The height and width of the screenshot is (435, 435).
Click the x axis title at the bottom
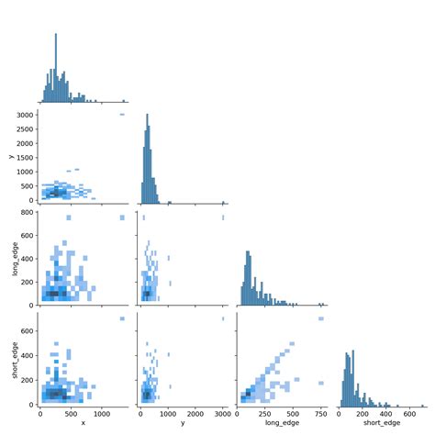pos(83,422)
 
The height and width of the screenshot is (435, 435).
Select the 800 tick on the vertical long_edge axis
pos(28,212)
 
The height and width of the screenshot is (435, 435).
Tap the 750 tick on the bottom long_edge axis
pos(320,412)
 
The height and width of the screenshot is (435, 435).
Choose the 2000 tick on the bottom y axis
pos(196,412)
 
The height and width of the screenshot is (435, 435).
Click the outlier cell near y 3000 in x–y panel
pos(121,115)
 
